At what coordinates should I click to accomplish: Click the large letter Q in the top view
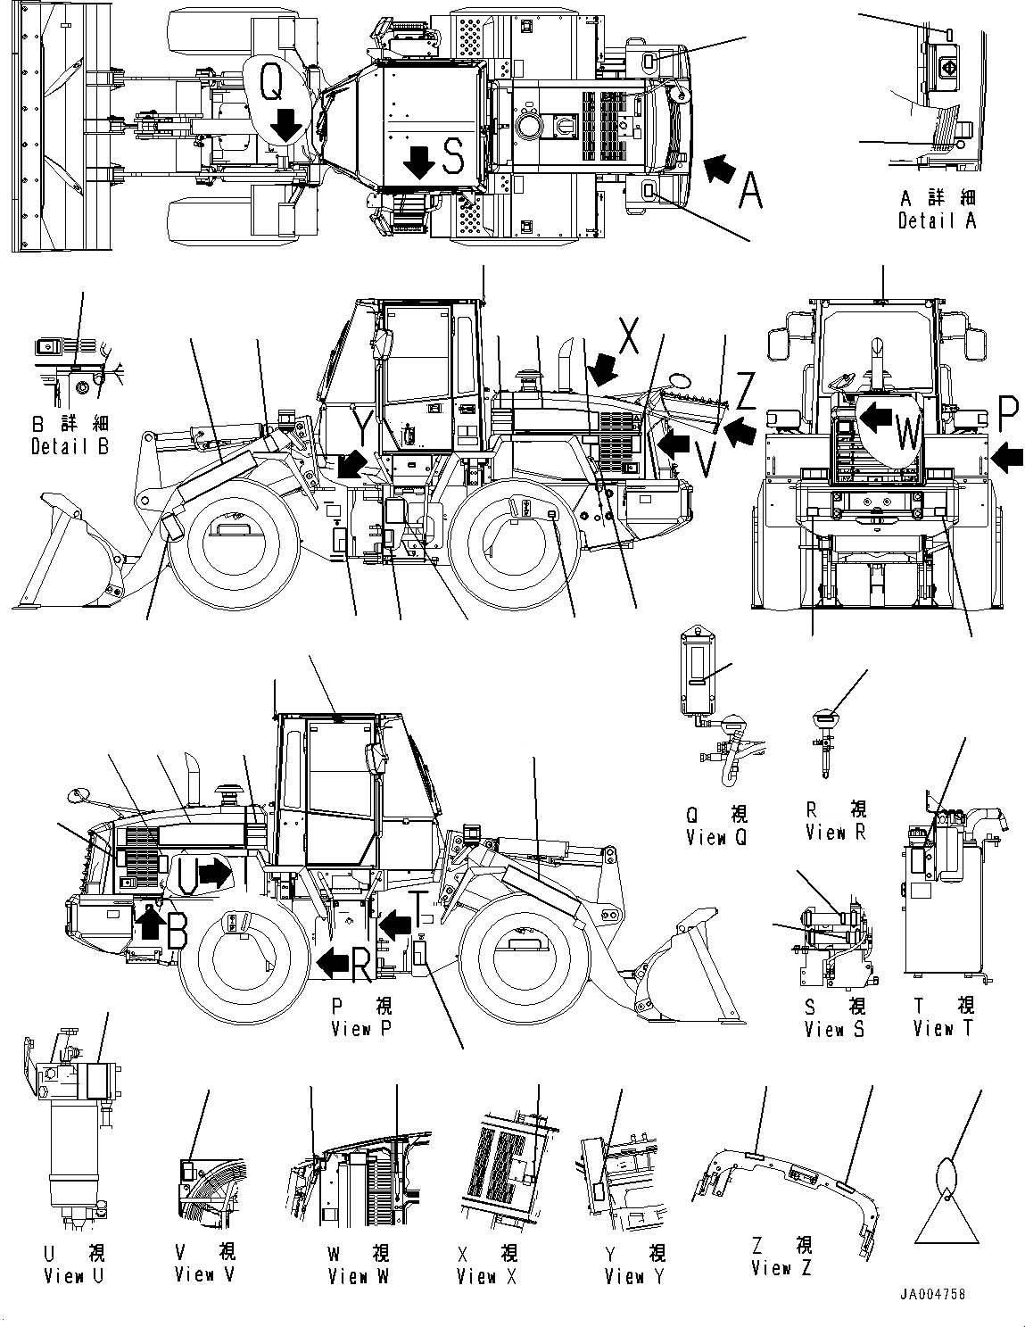pyautogui.click(x=273, y=84)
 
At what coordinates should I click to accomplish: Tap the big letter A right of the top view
pyautogui.click(x=749, y=191)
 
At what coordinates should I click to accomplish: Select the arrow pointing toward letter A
pyautogui.click(x=720, y=168)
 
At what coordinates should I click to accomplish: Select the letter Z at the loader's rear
pyautogui.click(x=746, y=394)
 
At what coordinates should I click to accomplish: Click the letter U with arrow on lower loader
pyautogui.click(x=187, y=874)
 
